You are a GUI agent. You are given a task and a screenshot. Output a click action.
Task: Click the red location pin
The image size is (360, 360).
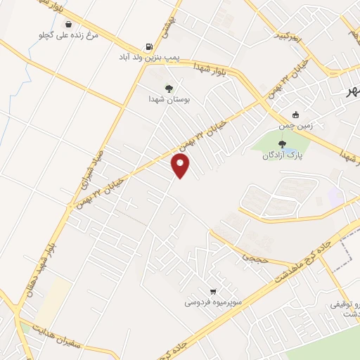pyautogui.click(x=181, y=166)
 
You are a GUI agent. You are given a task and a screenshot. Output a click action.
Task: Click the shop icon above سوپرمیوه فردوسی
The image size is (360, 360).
pyautogui.click(x=212, y=290)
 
